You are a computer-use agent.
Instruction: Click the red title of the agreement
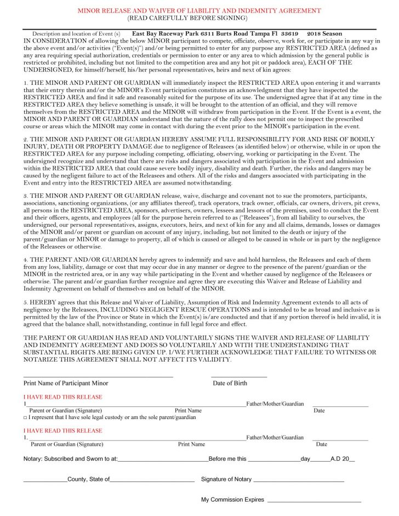(x=200, y=10)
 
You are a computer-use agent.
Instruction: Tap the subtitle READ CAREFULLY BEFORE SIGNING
(x=200, y=18)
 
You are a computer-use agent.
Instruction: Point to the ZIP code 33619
(x=289, y=34)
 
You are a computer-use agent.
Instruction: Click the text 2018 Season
(x=324, y=34)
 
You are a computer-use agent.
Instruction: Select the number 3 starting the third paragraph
(x=25, y=195)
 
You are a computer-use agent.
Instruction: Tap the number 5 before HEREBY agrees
(x=25, y=302)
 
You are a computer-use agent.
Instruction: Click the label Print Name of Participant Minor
(x=66, y=383)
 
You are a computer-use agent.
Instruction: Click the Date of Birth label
(x=230, y=383)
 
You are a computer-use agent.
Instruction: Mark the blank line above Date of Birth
(x=239, y=377)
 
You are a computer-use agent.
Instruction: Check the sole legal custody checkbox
(x=25, y=417)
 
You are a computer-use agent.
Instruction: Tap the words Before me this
(x=227, y=459)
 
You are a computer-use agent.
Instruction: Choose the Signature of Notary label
(x=226, y=479)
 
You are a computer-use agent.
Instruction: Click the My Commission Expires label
(x=232, y=500)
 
